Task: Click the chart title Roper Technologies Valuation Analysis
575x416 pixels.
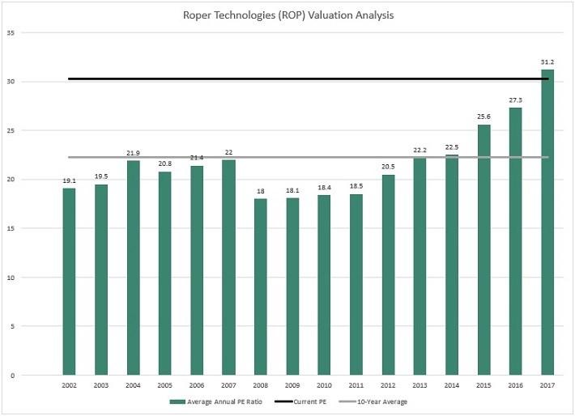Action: click(x=287, y=15)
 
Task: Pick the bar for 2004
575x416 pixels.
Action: click(x=133, y=267)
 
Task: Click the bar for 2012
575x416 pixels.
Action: click(x=389, y=274)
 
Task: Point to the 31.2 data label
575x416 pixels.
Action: click(x=548, y=62)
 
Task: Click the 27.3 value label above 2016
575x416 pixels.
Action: click(x=516, y=100)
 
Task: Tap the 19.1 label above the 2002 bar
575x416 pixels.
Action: click(x=69, y=180)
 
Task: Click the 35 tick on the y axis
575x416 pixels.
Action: click(x=11, y=32)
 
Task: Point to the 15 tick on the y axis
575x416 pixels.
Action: click(x=11, y=228)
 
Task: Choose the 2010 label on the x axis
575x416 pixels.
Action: click(x=325, y=385)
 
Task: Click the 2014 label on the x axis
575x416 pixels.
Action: click(x=453, y=385)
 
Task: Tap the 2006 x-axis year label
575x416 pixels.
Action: click(x=197, y=385)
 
